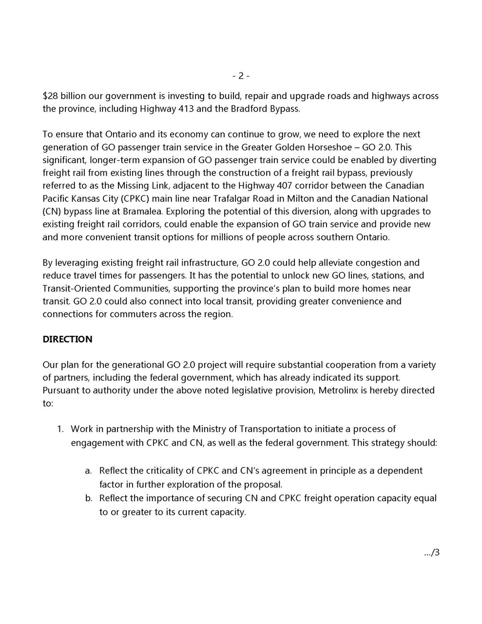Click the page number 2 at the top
coord(241,76)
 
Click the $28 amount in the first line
coord(51,96)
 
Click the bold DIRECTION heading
coord(67,339)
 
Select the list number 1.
coord(60,429)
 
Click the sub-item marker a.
coord(88,471)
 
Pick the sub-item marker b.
coord(88,498)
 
